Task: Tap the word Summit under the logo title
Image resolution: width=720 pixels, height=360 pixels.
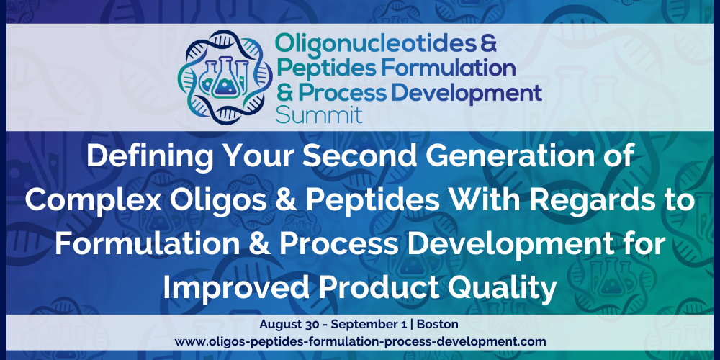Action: pyautogui.click(x=319, y=114)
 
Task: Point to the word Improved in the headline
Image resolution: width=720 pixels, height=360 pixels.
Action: pyautogui.click(x=235, y=287)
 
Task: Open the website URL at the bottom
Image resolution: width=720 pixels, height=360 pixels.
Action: pyautogui.click(x=360, y=342)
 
